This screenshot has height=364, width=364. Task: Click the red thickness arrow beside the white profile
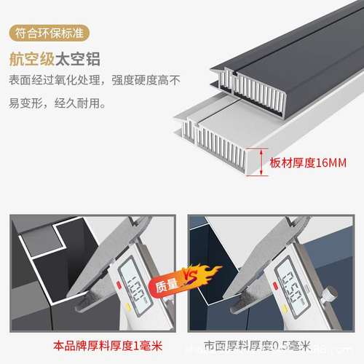coord(255,161)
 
